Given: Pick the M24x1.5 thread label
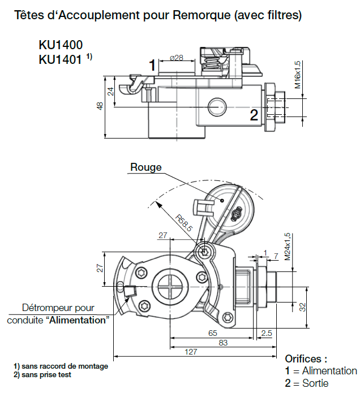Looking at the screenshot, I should [288, 246].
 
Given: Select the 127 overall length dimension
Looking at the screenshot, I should [191, 352].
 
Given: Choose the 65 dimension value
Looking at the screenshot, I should [212, 333].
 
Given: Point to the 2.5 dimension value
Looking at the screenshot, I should [267, 333].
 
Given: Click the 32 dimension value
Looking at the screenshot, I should [302, 308].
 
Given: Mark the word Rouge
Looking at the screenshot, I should [146, 167].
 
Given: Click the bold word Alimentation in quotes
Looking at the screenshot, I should [78, 320].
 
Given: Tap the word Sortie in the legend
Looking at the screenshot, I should [315, 383].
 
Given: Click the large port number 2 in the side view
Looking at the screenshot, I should [254, 115].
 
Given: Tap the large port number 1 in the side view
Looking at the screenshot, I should [152, 66].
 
